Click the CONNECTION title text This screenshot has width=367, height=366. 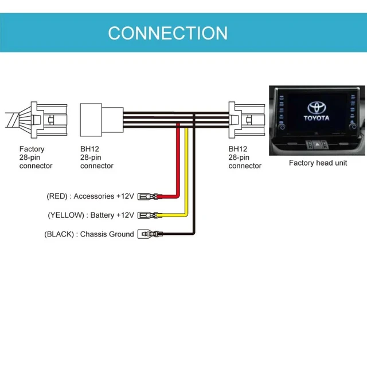[x=167, y=33]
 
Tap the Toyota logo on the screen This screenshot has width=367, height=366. [x=317, y=108]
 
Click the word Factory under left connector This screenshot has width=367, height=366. [x=32, y=149]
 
